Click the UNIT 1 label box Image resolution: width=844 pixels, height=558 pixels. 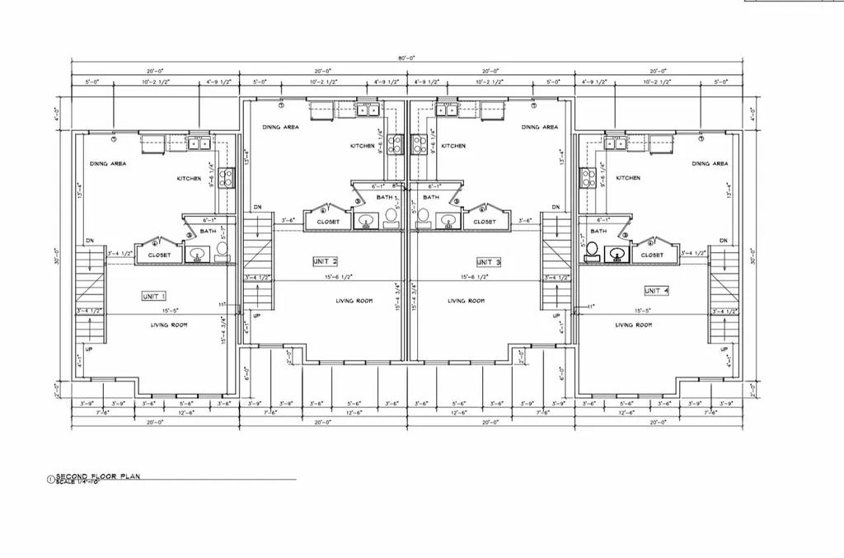[x=154, y=296]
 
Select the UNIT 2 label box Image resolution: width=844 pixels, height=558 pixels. [x=326, y=261]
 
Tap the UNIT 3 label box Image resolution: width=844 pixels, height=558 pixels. [x=488, y=261]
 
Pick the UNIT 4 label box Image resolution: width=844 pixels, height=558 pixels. [x=657, y=291]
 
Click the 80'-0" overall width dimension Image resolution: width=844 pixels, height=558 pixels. [x=405, y=59]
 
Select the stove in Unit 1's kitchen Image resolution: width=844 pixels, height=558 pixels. [x=227, y=178]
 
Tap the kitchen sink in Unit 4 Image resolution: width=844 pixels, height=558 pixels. [x=615, y=143]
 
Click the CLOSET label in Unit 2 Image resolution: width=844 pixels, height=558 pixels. [x=328, y=222]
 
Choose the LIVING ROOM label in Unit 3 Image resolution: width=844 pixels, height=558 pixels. [x=467, y=301]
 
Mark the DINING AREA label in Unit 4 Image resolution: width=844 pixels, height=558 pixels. [x=710, y=164]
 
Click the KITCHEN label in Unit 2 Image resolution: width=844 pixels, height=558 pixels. [x=362, y=146]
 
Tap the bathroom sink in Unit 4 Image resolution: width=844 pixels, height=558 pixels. [x=614, y=255]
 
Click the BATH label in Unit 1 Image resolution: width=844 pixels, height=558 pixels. [x=208, y=232]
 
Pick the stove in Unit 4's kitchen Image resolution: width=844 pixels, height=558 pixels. [x=588, y=178]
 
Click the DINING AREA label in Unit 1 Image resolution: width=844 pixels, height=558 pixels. [x=107, y=164]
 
